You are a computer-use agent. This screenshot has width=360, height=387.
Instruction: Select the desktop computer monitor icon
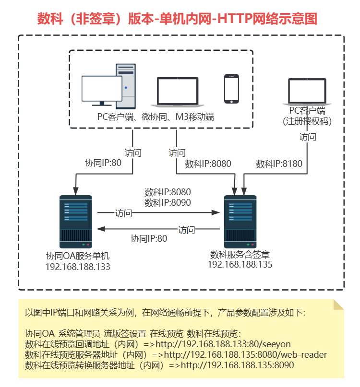[x=102, y=91]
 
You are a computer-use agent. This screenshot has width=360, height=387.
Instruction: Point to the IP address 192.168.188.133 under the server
[x=78, y=267]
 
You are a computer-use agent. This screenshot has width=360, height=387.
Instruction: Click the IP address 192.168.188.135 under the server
[x=240, y=264]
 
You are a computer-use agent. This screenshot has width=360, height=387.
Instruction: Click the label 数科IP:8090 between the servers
[x=168, y=202]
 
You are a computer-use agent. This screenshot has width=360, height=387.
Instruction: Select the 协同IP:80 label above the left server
[x=103, y=163]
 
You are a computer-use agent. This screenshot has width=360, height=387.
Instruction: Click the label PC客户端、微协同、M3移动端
[x=156, y=117]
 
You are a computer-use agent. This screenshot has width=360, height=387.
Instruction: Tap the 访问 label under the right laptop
[x=308, y=137]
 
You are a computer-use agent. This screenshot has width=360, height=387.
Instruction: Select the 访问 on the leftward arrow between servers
[x=187, y=230]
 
